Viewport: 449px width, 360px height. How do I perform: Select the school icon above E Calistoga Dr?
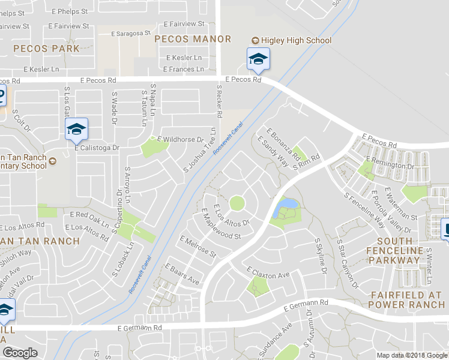click(76, 128)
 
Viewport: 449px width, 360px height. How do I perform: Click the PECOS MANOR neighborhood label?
click(193, 39)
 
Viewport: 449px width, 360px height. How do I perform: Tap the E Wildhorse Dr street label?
click(180, 139)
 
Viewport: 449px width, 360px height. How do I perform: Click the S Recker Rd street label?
click(219, 101)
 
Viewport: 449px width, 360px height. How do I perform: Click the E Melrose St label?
click(197, 247)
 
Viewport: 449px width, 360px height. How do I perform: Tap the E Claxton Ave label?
click(268, 271)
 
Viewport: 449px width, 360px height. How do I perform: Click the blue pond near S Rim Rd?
click(285, 206)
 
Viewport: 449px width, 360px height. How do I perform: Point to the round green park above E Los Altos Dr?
click(237, 203)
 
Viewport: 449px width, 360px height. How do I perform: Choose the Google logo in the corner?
click(20, 353)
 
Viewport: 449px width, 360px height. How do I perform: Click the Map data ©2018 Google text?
click(412, 355)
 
